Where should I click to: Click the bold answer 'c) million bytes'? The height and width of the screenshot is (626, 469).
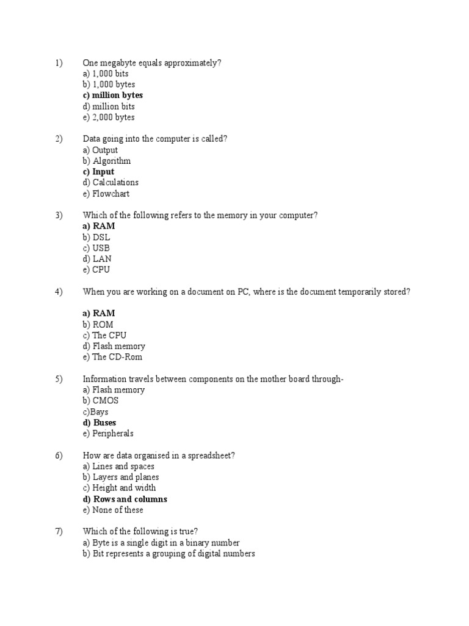click(x=113, y=95)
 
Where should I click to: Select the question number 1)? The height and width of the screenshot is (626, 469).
click(x=59, y=63)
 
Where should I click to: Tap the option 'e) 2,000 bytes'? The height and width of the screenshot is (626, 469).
click(x=109, y=117)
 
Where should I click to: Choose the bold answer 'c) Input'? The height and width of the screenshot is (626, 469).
click(x=98, y=172)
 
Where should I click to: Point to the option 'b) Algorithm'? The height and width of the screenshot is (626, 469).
click(x=106, y=161)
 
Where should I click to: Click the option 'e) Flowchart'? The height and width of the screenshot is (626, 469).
click(x=106, y=194)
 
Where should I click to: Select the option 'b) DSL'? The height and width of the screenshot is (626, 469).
click(x=96, y=237)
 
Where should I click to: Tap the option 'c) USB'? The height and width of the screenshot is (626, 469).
click(x=96, y=248)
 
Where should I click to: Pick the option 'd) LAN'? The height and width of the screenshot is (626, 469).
click(x=97, y=259)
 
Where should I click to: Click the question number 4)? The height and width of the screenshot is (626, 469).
click(x=59, y=292)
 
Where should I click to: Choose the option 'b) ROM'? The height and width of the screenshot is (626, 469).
click(x=98, y=325)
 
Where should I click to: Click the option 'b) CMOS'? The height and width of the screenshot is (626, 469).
click(x=101, y=401)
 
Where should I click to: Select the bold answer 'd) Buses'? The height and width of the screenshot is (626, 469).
click(x=100, y=422)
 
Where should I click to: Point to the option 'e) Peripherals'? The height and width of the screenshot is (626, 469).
click(x=108, y=433)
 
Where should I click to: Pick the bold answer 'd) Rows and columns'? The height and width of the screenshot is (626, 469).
click(x=125, y=499)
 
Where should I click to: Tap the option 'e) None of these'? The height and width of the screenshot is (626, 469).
click(x=113, y=510)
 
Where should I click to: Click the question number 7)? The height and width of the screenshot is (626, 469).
click(x=59, y=532)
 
